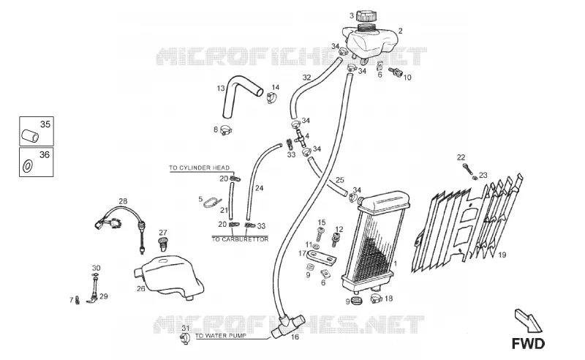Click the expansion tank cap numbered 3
tap(366, 16)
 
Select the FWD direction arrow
tap(527, 320)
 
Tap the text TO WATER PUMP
tap(221, 336)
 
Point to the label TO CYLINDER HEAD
tap(199, 168)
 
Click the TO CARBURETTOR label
tap(240, 239)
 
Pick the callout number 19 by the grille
tap(502, 255)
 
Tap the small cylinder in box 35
tap(30, 135)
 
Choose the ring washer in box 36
tap(28, 166)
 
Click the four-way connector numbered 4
tap(300, 138)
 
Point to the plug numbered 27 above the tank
tap(162, 244)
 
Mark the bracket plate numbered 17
tap(321, 258)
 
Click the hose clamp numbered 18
tap(377, 299)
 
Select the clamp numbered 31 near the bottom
tap(185, 339)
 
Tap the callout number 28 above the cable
tap(123, 201)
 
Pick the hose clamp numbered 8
tap(226, 130)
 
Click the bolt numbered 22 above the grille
tap(467, 169)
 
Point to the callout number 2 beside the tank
tap(400, 31)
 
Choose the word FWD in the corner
tap(528, 344)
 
